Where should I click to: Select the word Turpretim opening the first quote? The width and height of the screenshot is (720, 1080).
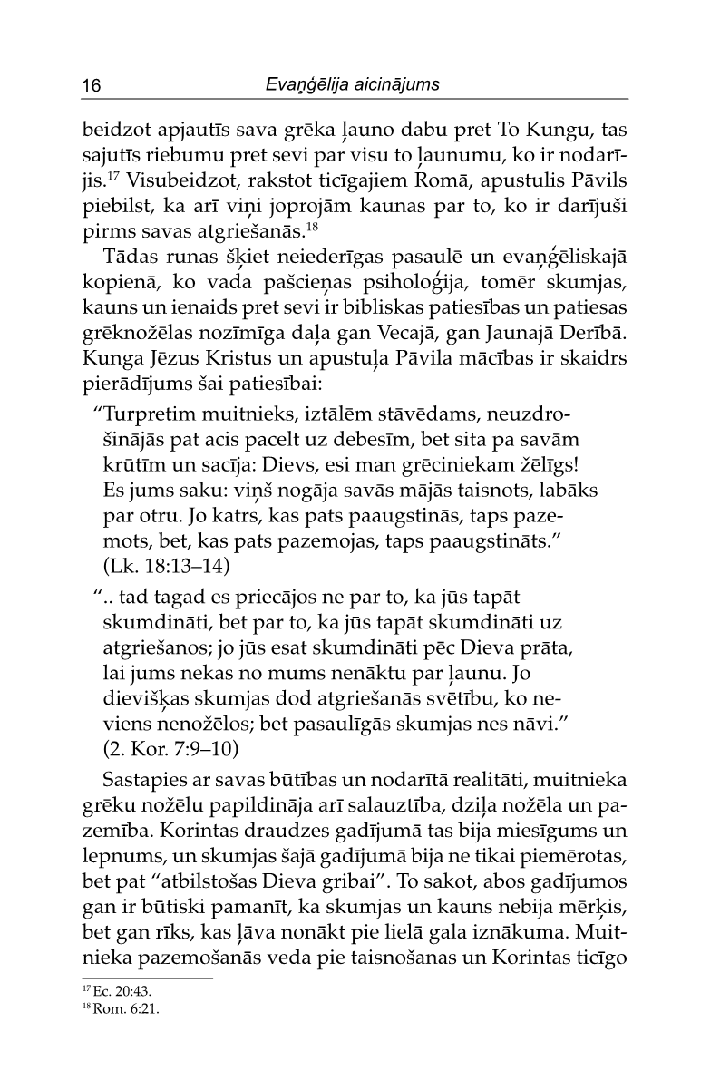[x=149, y=415]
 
